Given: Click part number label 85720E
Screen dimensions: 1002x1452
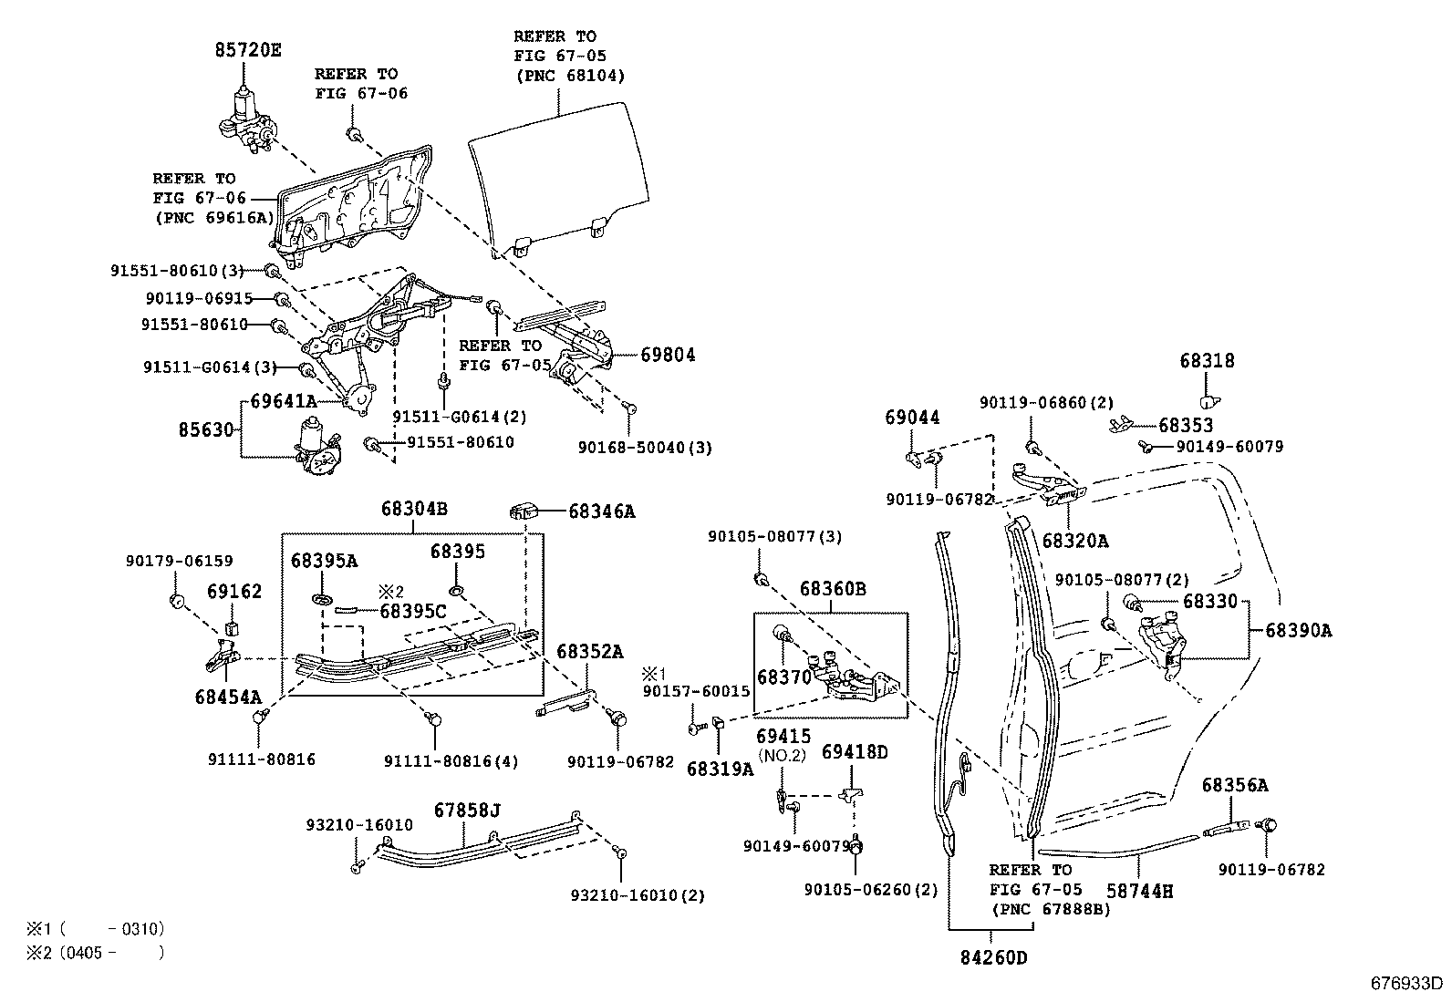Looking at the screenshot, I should point(247,50).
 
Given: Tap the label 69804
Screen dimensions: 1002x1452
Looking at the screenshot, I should point(668,355).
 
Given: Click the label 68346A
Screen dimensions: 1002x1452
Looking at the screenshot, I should point(601,511).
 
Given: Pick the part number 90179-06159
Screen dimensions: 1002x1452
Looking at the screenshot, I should point(179,562).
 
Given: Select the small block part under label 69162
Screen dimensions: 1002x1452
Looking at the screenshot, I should point(232,627).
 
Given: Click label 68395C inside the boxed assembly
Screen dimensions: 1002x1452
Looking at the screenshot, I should point(413,611).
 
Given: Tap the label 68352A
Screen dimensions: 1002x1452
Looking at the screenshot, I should point(590,651).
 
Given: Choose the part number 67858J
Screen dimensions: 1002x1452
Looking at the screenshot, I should point(467,809).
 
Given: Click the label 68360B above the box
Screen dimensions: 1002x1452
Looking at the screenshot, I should point(834,590).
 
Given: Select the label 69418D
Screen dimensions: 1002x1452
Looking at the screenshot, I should point(855,751).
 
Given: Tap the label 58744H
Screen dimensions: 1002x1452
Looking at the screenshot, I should point(1139,890).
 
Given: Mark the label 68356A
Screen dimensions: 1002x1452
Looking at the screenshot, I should point(1234,785).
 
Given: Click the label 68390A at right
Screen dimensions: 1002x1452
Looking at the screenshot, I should point(1298,630).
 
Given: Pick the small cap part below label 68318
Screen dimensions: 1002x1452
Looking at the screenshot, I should point(1209,399).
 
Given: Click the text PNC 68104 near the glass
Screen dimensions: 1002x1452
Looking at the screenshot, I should point(569,76).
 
